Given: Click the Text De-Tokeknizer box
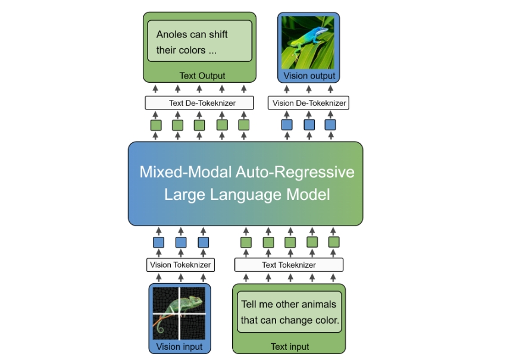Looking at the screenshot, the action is (x=199, y=103).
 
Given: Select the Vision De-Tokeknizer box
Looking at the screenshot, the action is (x=308, y=103).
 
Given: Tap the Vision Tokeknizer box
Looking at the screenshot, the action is (x=180, y=265).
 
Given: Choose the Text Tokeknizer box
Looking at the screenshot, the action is (x=289, y=265).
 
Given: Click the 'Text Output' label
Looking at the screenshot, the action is (x=202, y=76).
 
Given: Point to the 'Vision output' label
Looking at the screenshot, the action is (x=309, y=76).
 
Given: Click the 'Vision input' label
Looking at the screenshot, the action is (x=179, y=347).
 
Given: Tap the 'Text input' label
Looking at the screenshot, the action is (x=290, y=347).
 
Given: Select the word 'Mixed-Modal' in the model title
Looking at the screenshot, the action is (x=186, y=172).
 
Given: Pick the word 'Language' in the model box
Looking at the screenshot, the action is (x=247, y=195).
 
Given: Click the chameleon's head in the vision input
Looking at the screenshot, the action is (x=195, y=301).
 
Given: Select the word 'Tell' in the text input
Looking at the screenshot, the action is (x=249, y=305).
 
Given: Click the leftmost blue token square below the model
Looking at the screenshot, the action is (x=159, y=242).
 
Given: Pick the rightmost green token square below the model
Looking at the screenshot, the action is (x=334, y=242).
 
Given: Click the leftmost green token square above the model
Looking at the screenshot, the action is (x=156, y=125).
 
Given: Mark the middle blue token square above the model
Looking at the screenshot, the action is (x=309, y=125).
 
